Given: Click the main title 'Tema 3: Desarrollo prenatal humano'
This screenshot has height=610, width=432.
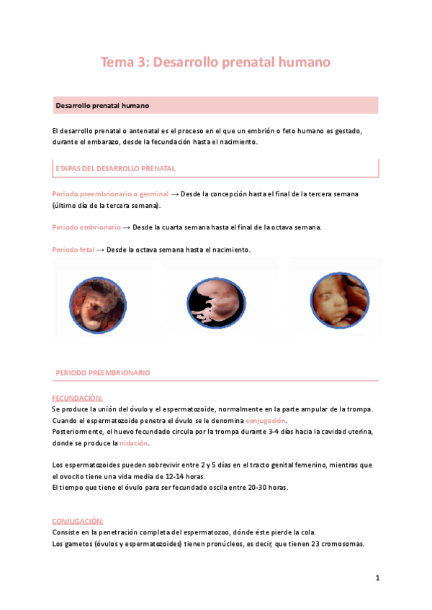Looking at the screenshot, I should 215,63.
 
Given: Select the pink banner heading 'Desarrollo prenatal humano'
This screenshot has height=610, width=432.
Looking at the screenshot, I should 102,106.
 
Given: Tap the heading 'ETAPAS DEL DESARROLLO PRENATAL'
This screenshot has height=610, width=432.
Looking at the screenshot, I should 115,168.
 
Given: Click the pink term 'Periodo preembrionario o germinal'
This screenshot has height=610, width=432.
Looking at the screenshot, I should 110,194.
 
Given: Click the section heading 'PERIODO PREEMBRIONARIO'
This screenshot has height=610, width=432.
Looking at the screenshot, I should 103,373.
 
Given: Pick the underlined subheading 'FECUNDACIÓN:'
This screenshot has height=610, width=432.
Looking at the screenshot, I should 78,398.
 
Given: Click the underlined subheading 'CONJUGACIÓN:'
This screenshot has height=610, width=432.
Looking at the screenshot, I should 78,521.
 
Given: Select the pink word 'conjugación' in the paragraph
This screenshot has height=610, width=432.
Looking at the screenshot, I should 266,420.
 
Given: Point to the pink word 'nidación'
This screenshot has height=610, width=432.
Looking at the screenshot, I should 133,443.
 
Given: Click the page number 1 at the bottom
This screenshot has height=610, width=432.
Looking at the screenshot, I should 377,578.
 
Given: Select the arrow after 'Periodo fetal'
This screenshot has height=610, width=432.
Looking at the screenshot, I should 100,249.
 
